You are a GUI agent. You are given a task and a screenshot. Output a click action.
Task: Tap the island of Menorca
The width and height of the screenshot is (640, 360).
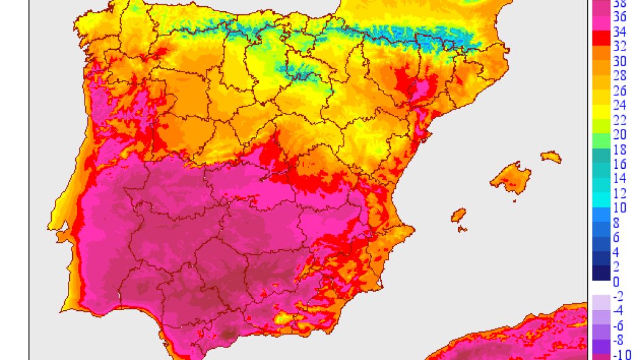551,156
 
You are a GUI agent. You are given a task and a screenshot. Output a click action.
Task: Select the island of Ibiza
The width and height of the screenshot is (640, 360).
459,215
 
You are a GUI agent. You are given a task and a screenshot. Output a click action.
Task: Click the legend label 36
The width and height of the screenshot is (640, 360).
619,18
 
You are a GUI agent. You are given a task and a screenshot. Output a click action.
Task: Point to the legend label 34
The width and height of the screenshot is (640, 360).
619,32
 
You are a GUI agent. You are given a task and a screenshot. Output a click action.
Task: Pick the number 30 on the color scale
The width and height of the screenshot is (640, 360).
619,61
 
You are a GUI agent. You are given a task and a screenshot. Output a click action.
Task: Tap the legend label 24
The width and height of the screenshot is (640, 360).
619,104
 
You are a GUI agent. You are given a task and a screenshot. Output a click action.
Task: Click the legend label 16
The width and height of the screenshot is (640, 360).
619,164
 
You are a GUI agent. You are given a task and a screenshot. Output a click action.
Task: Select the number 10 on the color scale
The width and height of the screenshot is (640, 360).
619,207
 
